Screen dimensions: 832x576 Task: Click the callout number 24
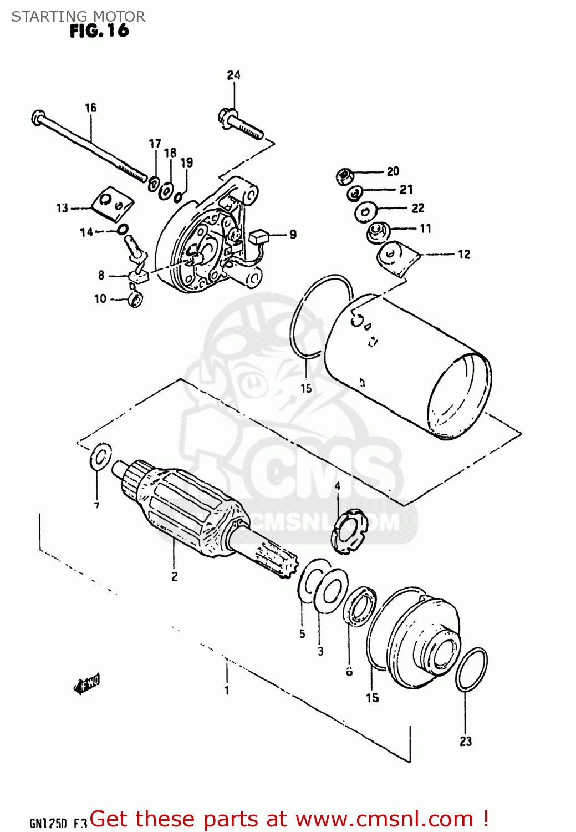(x=233, y=75)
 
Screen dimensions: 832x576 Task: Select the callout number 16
(x=90, y=108)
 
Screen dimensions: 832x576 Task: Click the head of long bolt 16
(x=38, y=117)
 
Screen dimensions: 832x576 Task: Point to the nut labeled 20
(x=344, y=176)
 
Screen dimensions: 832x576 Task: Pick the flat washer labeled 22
(x=365, y=211)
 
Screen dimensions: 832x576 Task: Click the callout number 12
(x=463, y=255)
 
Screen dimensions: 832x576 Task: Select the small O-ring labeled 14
(x=123, y=229)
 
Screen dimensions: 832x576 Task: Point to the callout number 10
(x=100, y=299)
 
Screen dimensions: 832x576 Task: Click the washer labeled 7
(x=100, y=457)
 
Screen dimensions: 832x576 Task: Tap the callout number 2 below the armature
(x=174, y=576)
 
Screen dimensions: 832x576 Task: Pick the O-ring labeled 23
(x=471, y=669)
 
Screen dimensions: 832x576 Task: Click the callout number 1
(x=227, y=691)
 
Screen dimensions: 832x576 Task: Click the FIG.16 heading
(x=99, y=31)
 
